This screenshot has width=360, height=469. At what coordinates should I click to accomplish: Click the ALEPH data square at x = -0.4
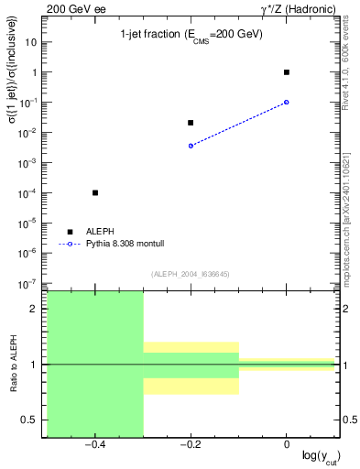[x=95, y=192]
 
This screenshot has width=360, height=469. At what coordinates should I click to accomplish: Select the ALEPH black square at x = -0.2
[x=191, y=123]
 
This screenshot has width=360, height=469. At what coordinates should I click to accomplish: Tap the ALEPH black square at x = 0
[x=287, y=71]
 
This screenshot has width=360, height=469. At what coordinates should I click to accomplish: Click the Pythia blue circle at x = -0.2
[x=191, y=146]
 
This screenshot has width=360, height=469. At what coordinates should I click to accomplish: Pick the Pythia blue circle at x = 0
[x=287, y=102]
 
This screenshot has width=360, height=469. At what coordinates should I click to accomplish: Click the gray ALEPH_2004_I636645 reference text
[x=191, y=273]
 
